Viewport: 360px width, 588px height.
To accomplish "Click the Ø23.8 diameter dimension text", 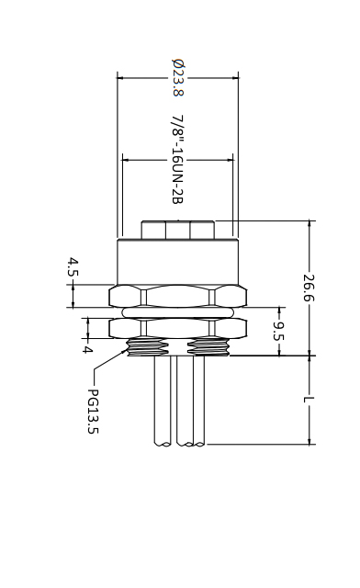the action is [178, 77].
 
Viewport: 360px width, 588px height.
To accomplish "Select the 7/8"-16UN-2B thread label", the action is [177, 160].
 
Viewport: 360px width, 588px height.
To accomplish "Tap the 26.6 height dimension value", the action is [309, 288].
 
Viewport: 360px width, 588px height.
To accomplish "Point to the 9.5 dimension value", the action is [278, 332].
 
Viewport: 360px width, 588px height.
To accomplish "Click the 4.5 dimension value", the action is [73, 267].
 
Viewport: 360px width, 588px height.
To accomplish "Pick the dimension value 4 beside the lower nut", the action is [87, 350].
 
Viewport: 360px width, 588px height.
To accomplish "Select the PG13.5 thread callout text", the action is [93, 412].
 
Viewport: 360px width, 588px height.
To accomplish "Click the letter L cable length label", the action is [309, 400].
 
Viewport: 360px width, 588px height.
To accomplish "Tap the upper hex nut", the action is [178, 296].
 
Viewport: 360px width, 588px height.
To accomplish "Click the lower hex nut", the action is [178, 329].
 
